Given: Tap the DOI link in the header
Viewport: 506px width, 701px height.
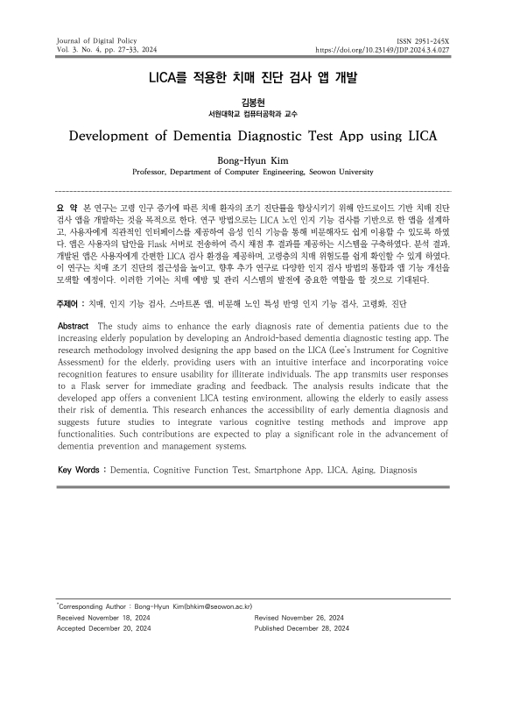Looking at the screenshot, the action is tap(382, 51).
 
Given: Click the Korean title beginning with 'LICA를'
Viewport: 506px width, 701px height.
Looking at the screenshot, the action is tap(253, 77).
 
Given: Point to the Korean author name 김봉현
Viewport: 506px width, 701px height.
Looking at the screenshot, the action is tap(253, 103).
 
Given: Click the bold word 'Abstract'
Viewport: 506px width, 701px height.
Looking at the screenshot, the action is tap(74, 326).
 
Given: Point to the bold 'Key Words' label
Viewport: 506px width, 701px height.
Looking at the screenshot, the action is tap(77, 470).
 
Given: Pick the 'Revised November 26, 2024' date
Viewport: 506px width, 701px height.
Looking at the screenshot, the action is tap(303, 617).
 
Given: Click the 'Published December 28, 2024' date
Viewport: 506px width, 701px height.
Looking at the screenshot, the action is tap(307, 628).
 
